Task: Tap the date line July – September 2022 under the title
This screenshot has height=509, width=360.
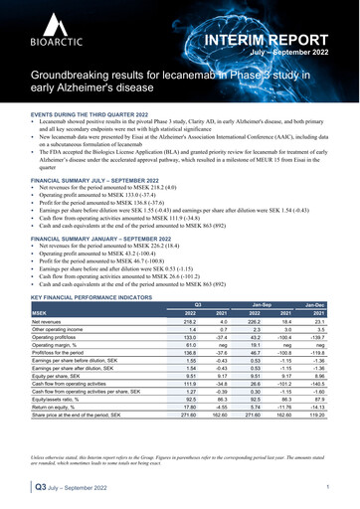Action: pyautogui.click(x=303, y=56)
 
